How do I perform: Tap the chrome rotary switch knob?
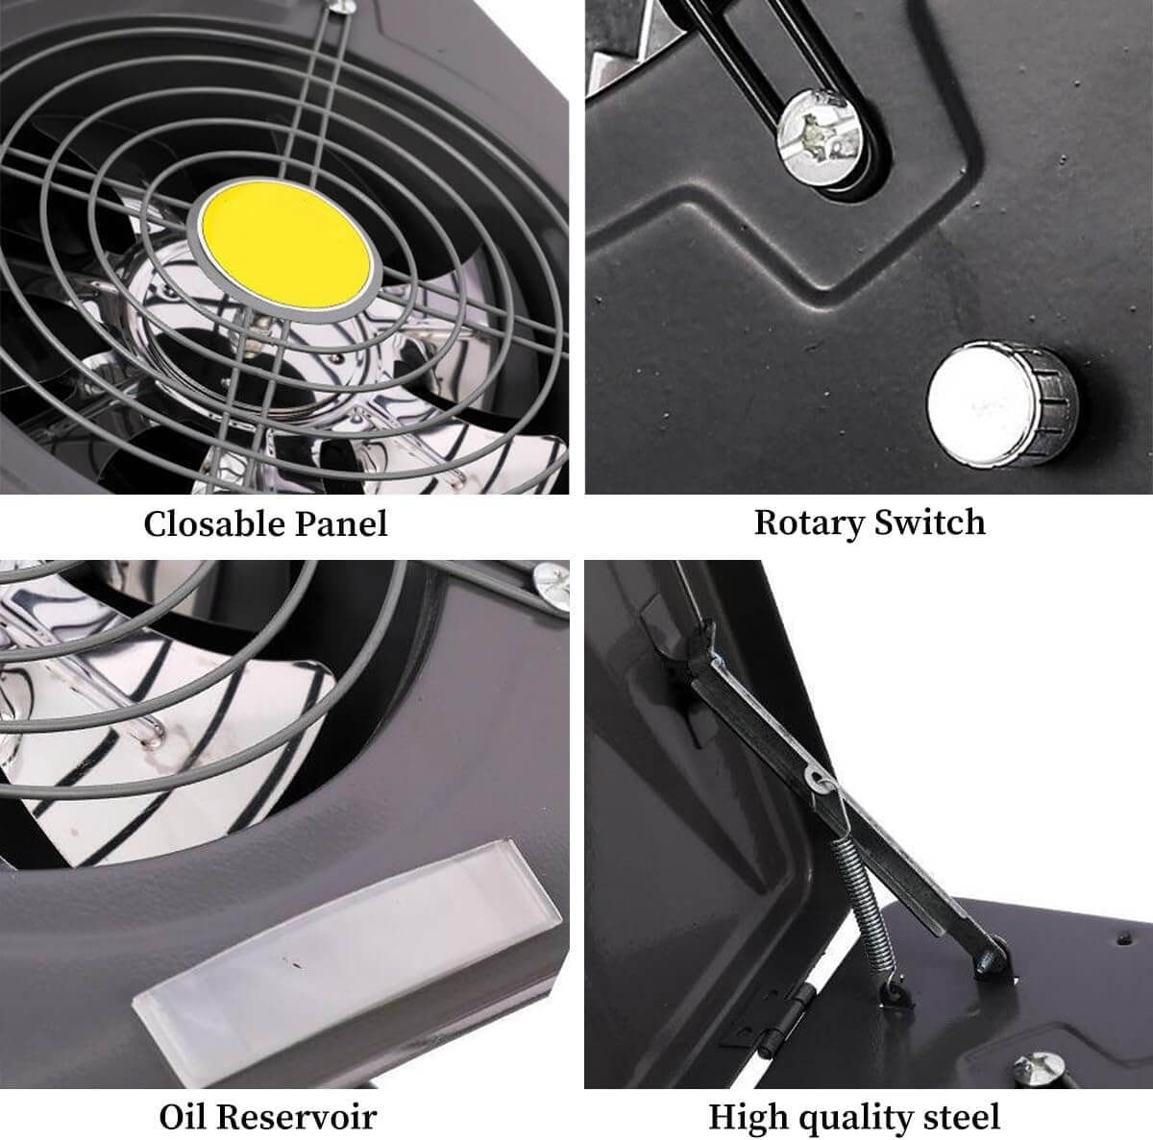(1002, 404)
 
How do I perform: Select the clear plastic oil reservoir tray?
(347, 940)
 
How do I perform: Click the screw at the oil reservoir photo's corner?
(552, 586)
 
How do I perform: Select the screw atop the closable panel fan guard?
(343, 6)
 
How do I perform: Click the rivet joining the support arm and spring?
(818, 779)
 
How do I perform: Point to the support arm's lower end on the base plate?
(991, 957)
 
